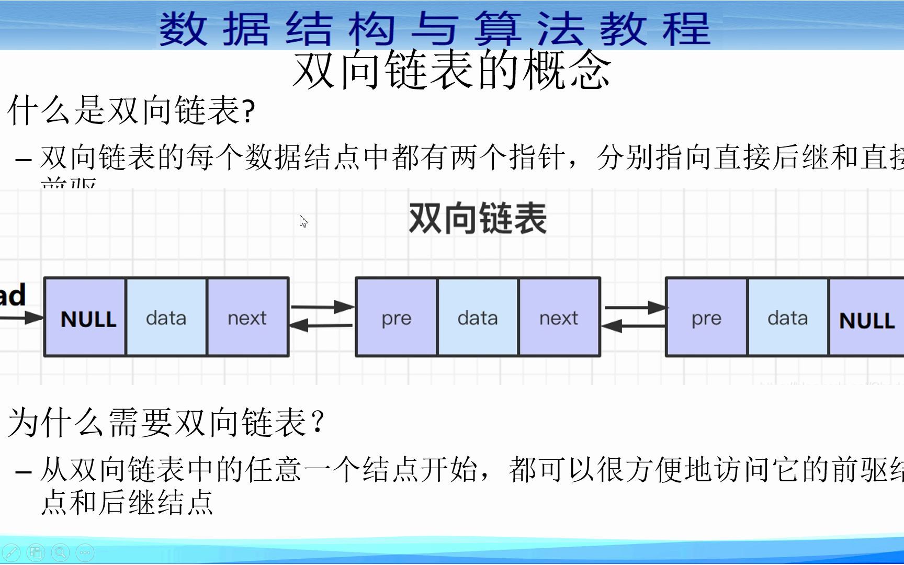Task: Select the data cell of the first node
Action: pos(166,318)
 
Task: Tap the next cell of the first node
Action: pos(247,318)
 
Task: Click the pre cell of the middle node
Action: pos(397,318)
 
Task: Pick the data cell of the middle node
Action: pos(478,318)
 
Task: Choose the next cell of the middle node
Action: pos(559,318)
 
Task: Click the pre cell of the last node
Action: pos(707,318)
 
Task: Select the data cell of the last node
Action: pos(788,318)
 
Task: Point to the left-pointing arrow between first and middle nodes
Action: pos(321,325)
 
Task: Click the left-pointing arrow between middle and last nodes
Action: pos(633,326)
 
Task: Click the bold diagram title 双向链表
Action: pos(477,219)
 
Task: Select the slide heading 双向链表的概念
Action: pos(451,70)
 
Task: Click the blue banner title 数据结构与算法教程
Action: pos(434,28)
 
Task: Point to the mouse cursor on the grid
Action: pos(303,221)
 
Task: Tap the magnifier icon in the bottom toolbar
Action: pos(60,552)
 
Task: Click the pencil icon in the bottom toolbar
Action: pos(11,552)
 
